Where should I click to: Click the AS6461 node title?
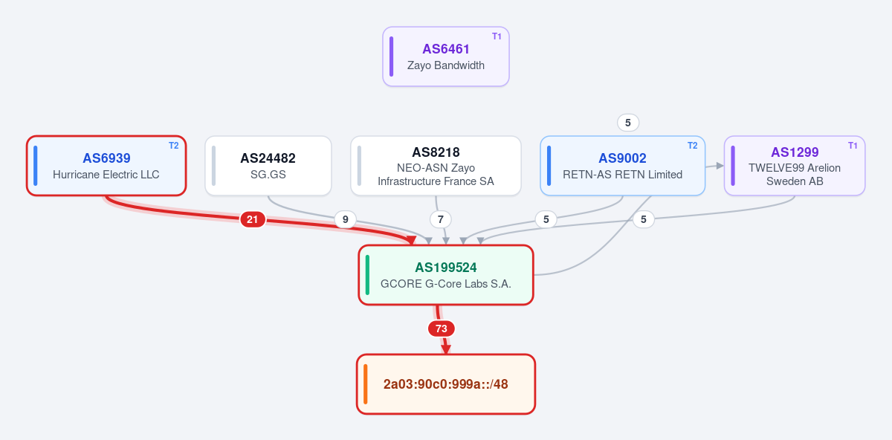(445, 49)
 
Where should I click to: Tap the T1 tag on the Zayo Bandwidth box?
(497, 36)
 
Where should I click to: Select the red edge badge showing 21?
(253, 219)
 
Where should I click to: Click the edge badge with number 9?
(345, 219)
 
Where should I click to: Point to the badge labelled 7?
(440, 219)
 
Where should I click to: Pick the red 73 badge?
(442, 329)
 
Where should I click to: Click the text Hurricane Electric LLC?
(106, 175)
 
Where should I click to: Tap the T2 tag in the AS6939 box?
(174, 146)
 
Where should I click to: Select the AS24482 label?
(268, 158)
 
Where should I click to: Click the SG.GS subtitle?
(268, 175)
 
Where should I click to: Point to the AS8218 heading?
(436, 152)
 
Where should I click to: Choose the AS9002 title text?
(622, 158)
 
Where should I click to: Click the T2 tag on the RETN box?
(693, 146)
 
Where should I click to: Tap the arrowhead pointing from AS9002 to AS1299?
(720, 165)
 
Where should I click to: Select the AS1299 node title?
(795, 152)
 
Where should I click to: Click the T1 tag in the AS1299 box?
(853, 146)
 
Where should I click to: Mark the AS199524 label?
(445, 268)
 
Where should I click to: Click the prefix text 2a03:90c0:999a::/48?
(445, 384)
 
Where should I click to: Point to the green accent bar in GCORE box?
(367, 275)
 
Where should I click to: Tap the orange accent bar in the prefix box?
(366, 384)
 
